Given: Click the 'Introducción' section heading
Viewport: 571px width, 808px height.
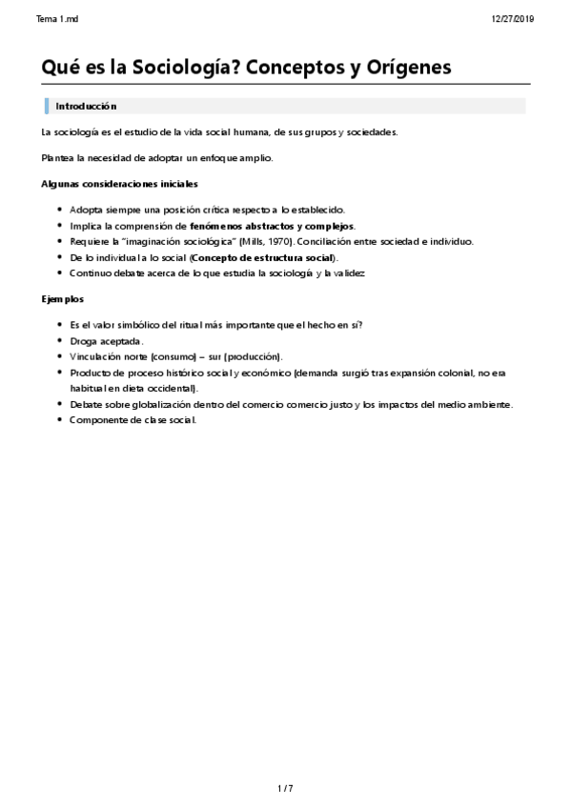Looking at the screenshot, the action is [x=86, y=106].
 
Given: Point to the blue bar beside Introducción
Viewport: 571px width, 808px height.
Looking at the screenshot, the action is [x=46, y=106].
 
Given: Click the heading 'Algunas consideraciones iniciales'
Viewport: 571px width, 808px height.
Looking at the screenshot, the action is [x=120, y=184].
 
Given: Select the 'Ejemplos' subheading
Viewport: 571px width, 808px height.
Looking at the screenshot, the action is [x=63, y=299].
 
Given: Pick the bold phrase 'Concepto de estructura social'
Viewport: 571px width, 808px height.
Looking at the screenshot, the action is [x=263, y=257].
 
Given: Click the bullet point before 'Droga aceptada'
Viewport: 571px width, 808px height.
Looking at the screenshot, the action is [x=60, y=340].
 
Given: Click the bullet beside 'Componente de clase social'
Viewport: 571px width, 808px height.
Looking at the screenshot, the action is [x=60, y=420].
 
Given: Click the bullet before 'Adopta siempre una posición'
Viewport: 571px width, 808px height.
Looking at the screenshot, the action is [x=60, y=210].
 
